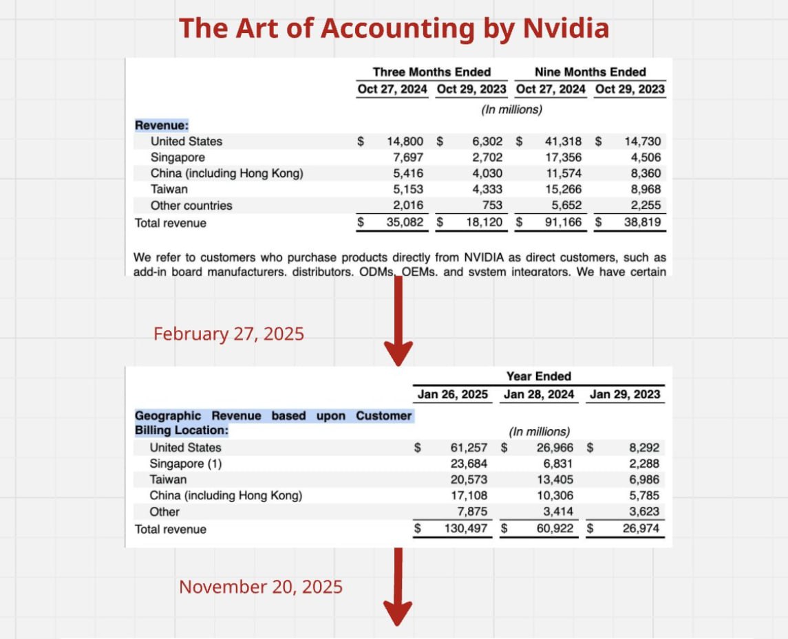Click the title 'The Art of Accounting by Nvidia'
pos(394,29)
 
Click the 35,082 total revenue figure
pos(404,223)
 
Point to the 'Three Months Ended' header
pos(432,72)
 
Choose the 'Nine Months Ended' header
pos(590,72)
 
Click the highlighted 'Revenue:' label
pos(162,125)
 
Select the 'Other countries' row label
pos(191,206)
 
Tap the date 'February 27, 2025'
pos(228,334)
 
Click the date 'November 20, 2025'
pos(261,587)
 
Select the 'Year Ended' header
pos(539,376)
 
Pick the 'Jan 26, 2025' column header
pos(453,395)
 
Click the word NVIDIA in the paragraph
pos(484,258)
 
